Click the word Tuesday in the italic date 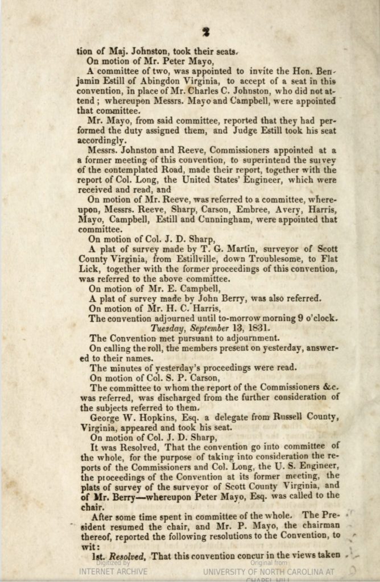pos(170,328)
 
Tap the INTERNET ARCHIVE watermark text pos(113,571)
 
